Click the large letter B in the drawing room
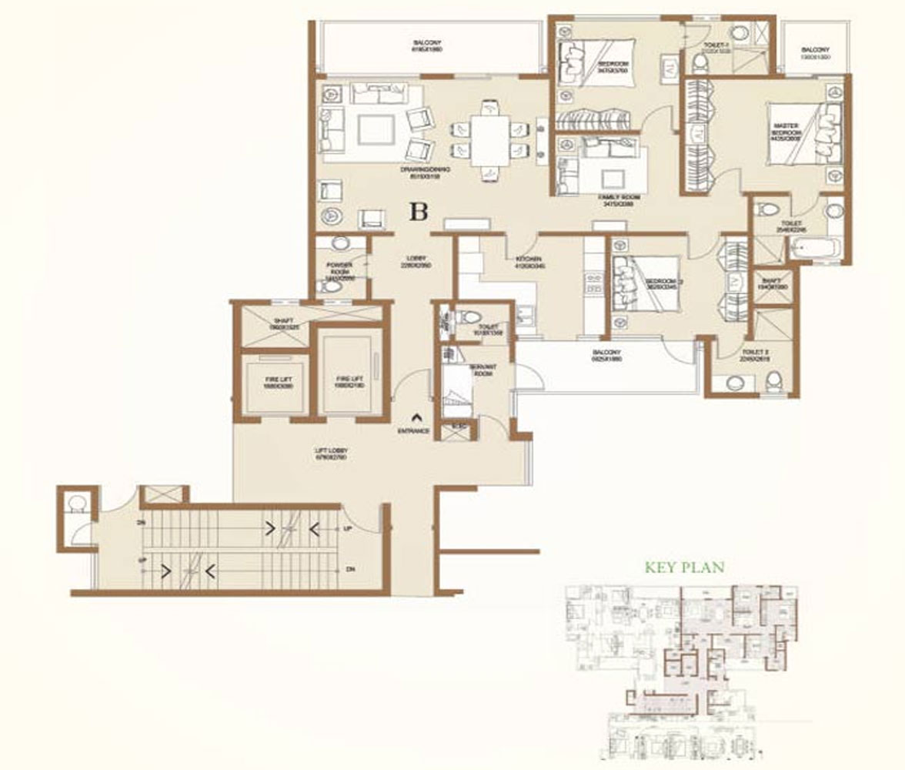point(418,212)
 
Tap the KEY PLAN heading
point(684,568)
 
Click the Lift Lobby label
point(332,454)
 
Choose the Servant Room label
point(483,370)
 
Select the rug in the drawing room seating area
point(376,129)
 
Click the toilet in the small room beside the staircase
point(75,506)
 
